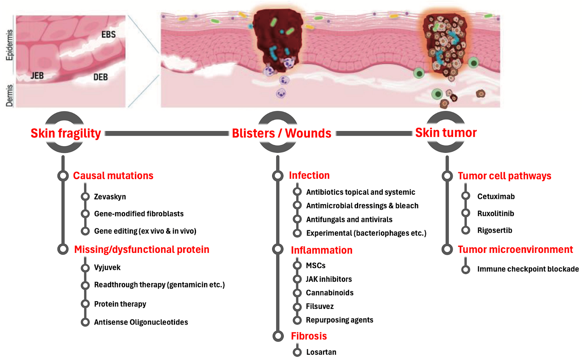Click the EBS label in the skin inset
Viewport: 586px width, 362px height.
(108, 35)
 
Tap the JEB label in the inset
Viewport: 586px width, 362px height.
(37, 76)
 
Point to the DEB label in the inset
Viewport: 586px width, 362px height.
(101, 77)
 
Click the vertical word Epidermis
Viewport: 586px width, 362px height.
(9, 45)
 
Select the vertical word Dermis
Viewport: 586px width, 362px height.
(9, 95)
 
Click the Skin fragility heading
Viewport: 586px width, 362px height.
(66, 133)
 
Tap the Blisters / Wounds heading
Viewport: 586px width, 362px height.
(281, 133)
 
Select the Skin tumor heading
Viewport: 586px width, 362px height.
(446, 132)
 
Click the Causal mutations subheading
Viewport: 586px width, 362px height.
(113, 176)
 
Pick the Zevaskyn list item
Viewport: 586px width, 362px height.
(110, 197)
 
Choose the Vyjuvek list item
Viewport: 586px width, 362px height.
(107, 267)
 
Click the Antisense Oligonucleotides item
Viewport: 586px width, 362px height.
(141, 322)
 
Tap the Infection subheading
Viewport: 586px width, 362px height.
(309, 176)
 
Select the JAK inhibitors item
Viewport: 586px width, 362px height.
(328, 279)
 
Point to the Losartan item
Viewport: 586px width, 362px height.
(321, 352)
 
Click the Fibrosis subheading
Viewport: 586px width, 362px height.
(309, 336)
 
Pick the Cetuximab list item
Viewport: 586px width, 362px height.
(496, 197)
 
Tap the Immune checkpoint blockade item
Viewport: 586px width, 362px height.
(528, 269)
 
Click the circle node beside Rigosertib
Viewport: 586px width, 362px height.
(466, 230)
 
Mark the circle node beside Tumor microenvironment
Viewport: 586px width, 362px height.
(447, 249)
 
